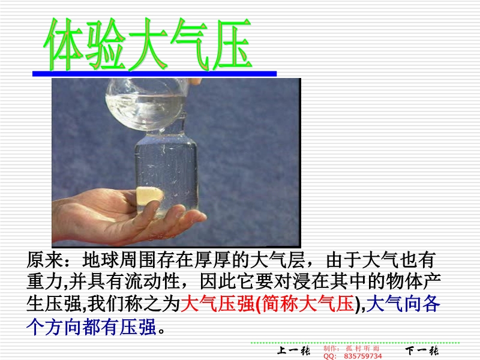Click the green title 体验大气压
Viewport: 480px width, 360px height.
148,44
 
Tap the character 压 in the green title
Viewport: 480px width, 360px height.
232,44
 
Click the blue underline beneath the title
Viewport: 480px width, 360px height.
155,73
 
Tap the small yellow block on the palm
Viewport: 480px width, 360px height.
149,196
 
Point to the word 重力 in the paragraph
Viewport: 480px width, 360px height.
44,282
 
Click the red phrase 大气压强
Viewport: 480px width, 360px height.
217,304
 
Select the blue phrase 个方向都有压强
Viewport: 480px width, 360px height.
91,327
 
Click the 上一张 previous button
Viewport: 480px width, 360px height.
293,350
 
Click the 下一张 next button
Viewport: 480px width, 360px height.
422,350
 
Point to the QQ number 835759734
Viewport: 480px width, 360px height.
363,356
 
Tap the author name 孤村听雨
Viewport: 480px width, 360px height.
363,349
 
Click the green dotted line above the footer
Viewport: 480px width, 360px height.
355,343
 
